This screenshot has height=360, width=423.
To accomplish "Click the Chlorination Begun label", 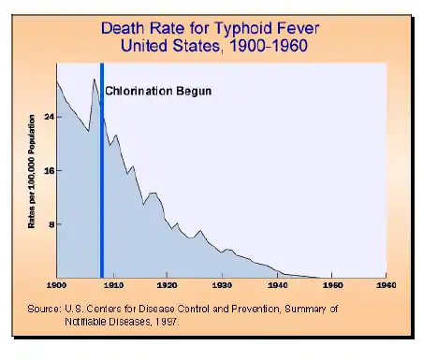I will pos(158,92).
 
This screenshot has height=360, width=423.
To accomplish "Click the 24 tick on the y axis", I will pos(48,116).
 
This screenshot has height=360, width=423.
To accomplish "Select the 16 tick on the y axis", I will pos(48,170).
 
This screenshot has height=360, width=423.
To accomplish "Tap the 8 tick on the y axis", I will pos(50,224).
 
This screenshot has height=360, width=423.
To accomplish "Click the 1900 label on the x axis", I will pos(57,283).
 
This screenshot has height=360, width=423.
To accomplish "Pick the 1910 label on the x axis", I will pos(112,283).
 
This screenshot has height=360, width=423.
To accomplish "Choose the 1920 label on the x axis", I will pos(167,283).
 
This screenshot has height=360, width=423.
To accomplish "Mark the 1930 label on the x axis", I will pos(222,283).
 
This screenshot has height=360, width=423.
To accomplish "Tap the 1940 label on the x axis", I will pos(277,283).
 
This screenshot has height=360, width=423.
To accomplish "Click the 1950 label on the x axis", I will pos(331,283).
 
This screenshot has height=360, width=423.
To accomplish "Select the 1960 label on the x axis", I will pos(387,283).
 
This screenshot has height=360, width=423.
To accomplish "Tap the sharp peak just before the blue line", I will pos(94,80).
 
